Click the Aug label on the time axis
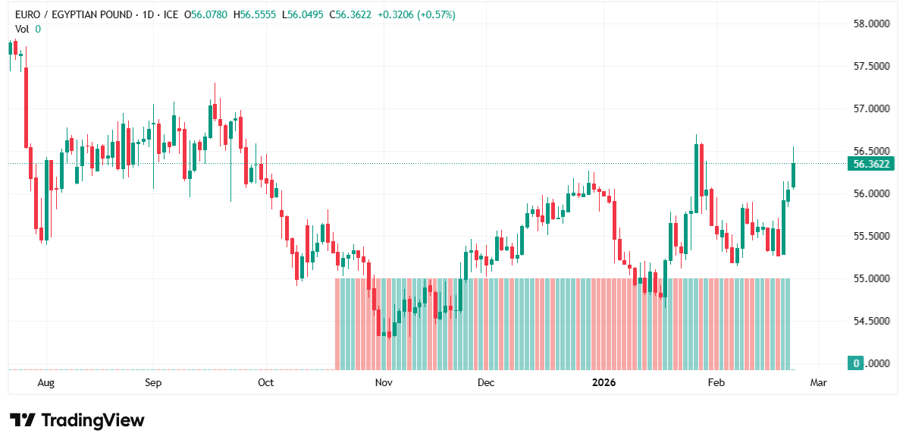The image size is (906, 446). click(x=46, y=383)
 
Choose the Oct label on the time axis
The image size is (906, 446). click(x=265, y=383)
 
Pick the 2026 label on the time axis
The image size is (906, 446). click(x=604, y=383)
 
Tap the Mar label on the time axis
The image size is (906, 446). click(x=818, y=383)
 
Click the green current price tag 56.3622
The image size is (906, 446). click(x=871, y=164)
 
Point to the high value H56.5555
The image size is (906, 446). click(x=257, y=15)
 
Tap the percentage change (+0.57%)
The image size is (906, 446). click(x=434, y=15)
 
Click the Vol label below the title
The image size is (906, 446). click(x=22, y=29)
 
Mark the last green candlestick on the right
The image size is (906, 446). click(x=794, y=174)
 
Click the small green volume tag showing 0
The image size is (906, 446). click(x=856, y=363)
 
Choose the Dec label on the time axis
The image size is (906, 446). click(x=486, y=383)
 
